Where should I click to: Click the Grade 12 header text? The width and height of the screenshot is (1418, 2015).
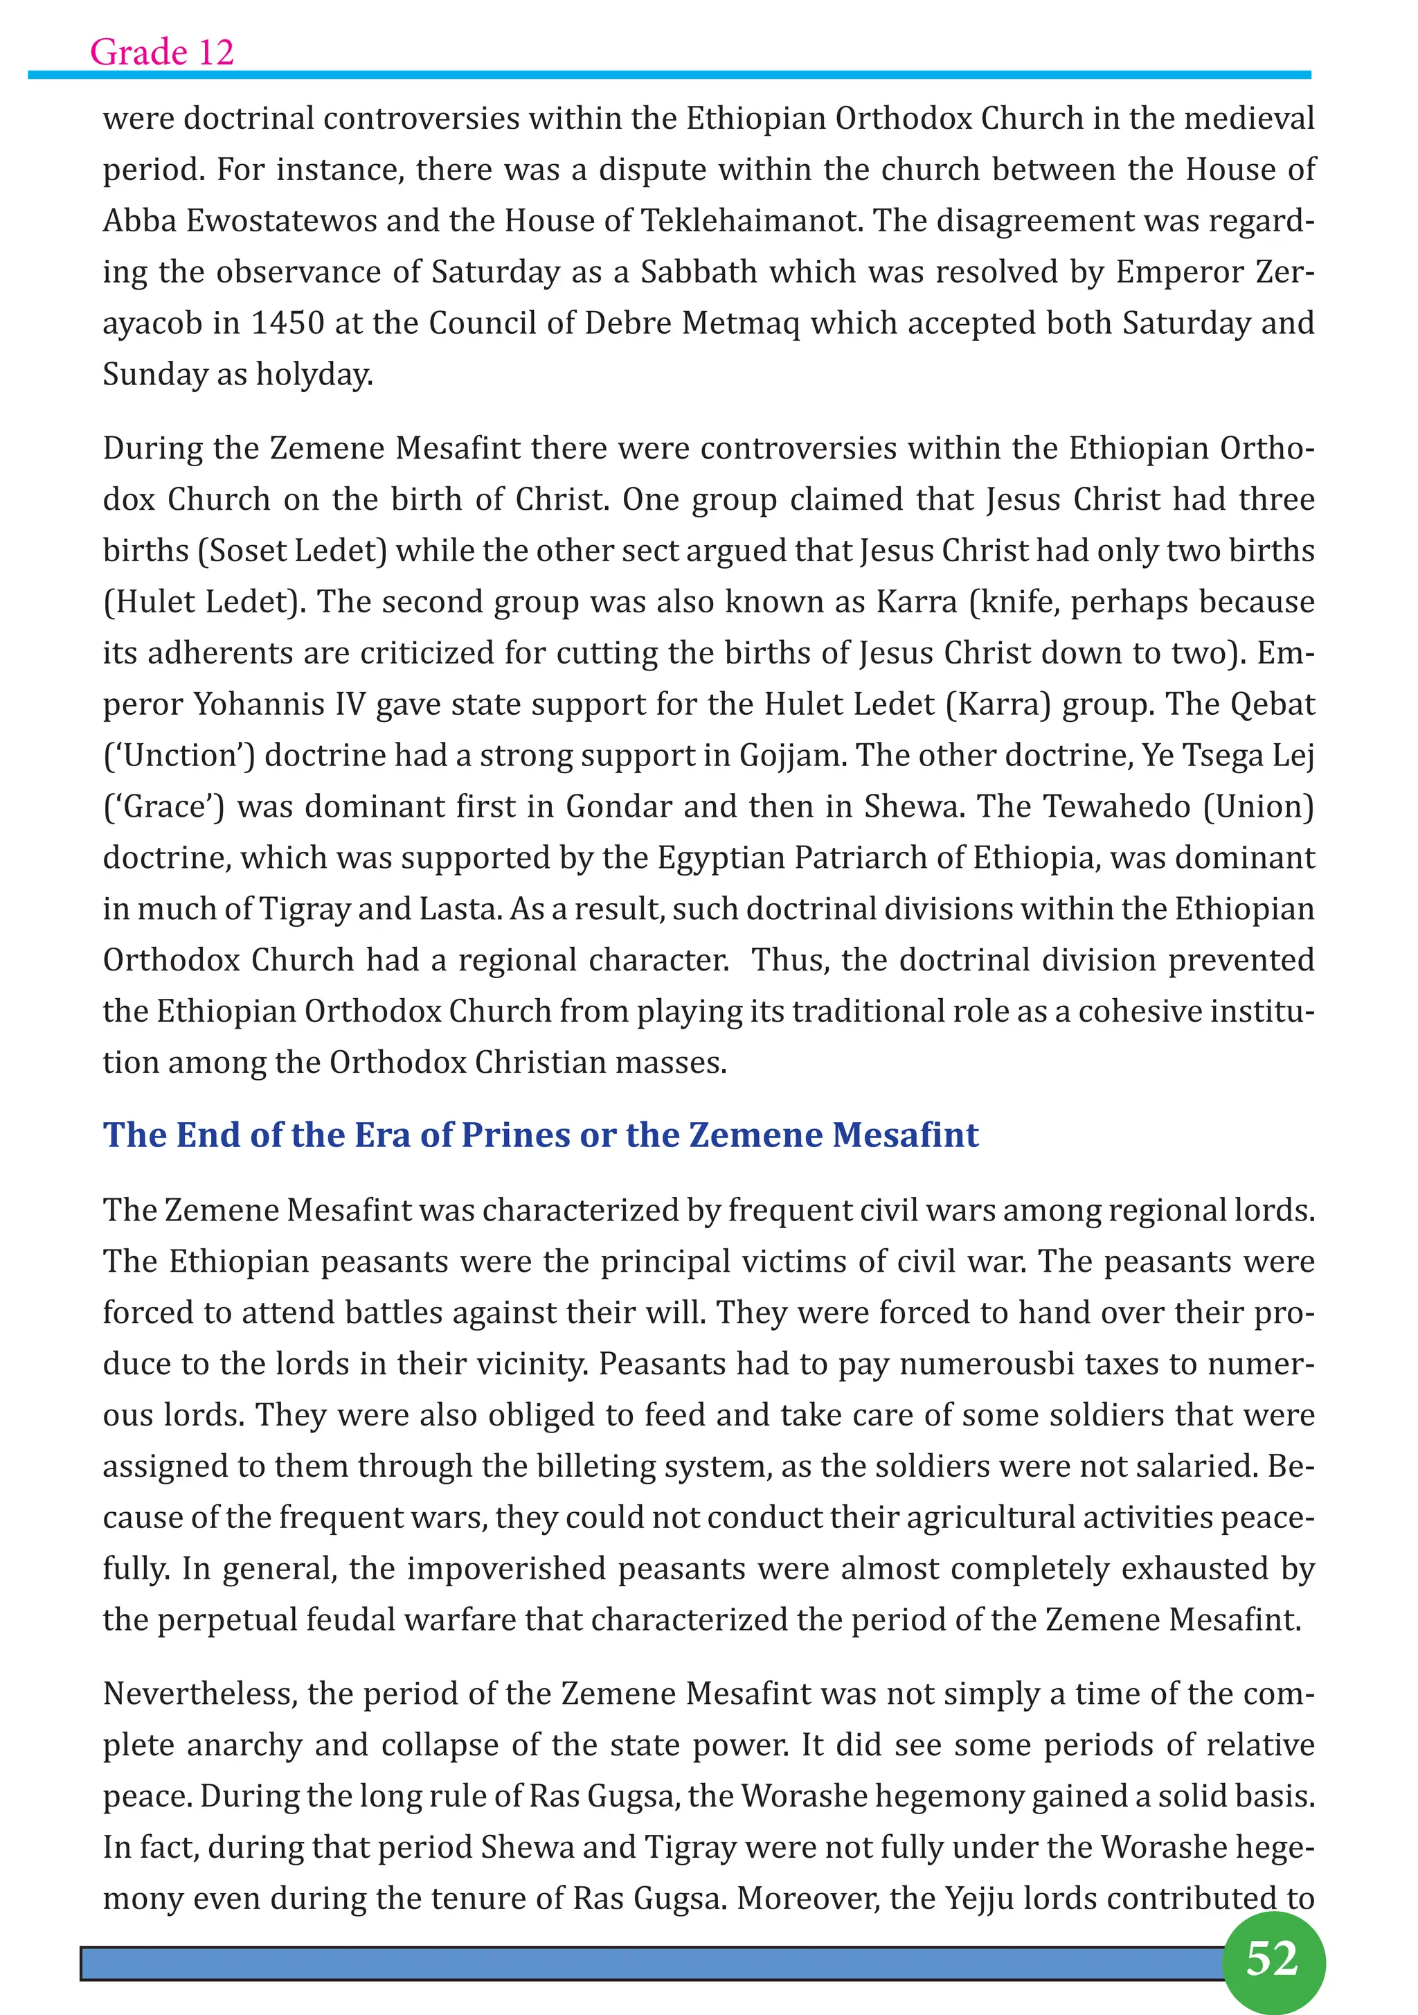[162, 52]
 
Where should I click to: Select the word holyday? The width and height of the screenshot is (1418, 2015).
[314, 375]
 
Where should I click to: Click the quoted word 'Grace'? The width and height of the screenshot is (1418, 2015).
[164, 806]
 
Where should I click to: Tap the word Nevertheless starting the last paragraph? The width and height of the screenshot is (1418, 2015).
[199, 1694]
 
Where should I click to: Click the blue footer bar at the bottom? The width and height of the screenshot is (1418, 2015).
[649, 1963]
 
